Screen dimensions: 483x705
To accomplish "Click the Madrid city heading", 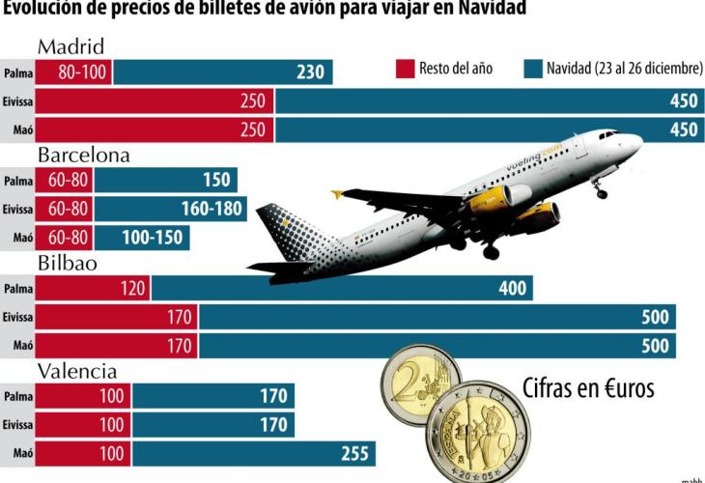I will (x=70, y=47).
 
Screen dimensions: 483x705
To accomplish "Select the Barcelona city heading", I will (x=83, y=156).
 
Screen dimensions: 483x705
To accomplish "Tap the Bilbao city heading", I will (x=70, y=263).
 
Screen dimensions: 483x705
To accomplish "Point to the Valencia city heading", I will (x=77, y=371).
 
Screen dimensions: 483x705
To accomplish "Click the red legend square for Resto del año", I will (x=404, y=70).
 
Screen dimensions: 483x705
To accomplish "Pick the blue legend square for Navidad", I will (x=531, y=70).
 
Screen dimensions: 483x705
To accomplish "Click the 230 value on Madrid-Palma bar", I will (x=310, y=72).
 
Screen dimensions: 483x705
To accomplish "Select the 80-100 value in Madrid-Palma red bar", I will (x=72, y=72).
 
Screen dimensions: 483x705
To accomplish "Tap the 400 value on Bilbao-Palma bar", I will (x=513, y=288).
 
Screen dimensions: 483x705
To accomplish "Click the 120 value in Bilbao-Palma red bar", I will (x=133, y=288).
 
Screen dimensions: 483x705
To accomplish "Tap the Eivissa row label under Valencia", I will (x=17, y=424).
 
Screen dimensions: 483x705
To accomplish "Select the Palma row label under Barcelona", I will (x=17, y=181).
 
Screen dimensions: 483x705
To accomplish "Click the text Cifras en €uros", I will (x=588, y=388).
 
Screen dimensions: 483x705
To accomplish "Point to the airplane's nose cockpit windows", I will (x=609, y=134).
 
